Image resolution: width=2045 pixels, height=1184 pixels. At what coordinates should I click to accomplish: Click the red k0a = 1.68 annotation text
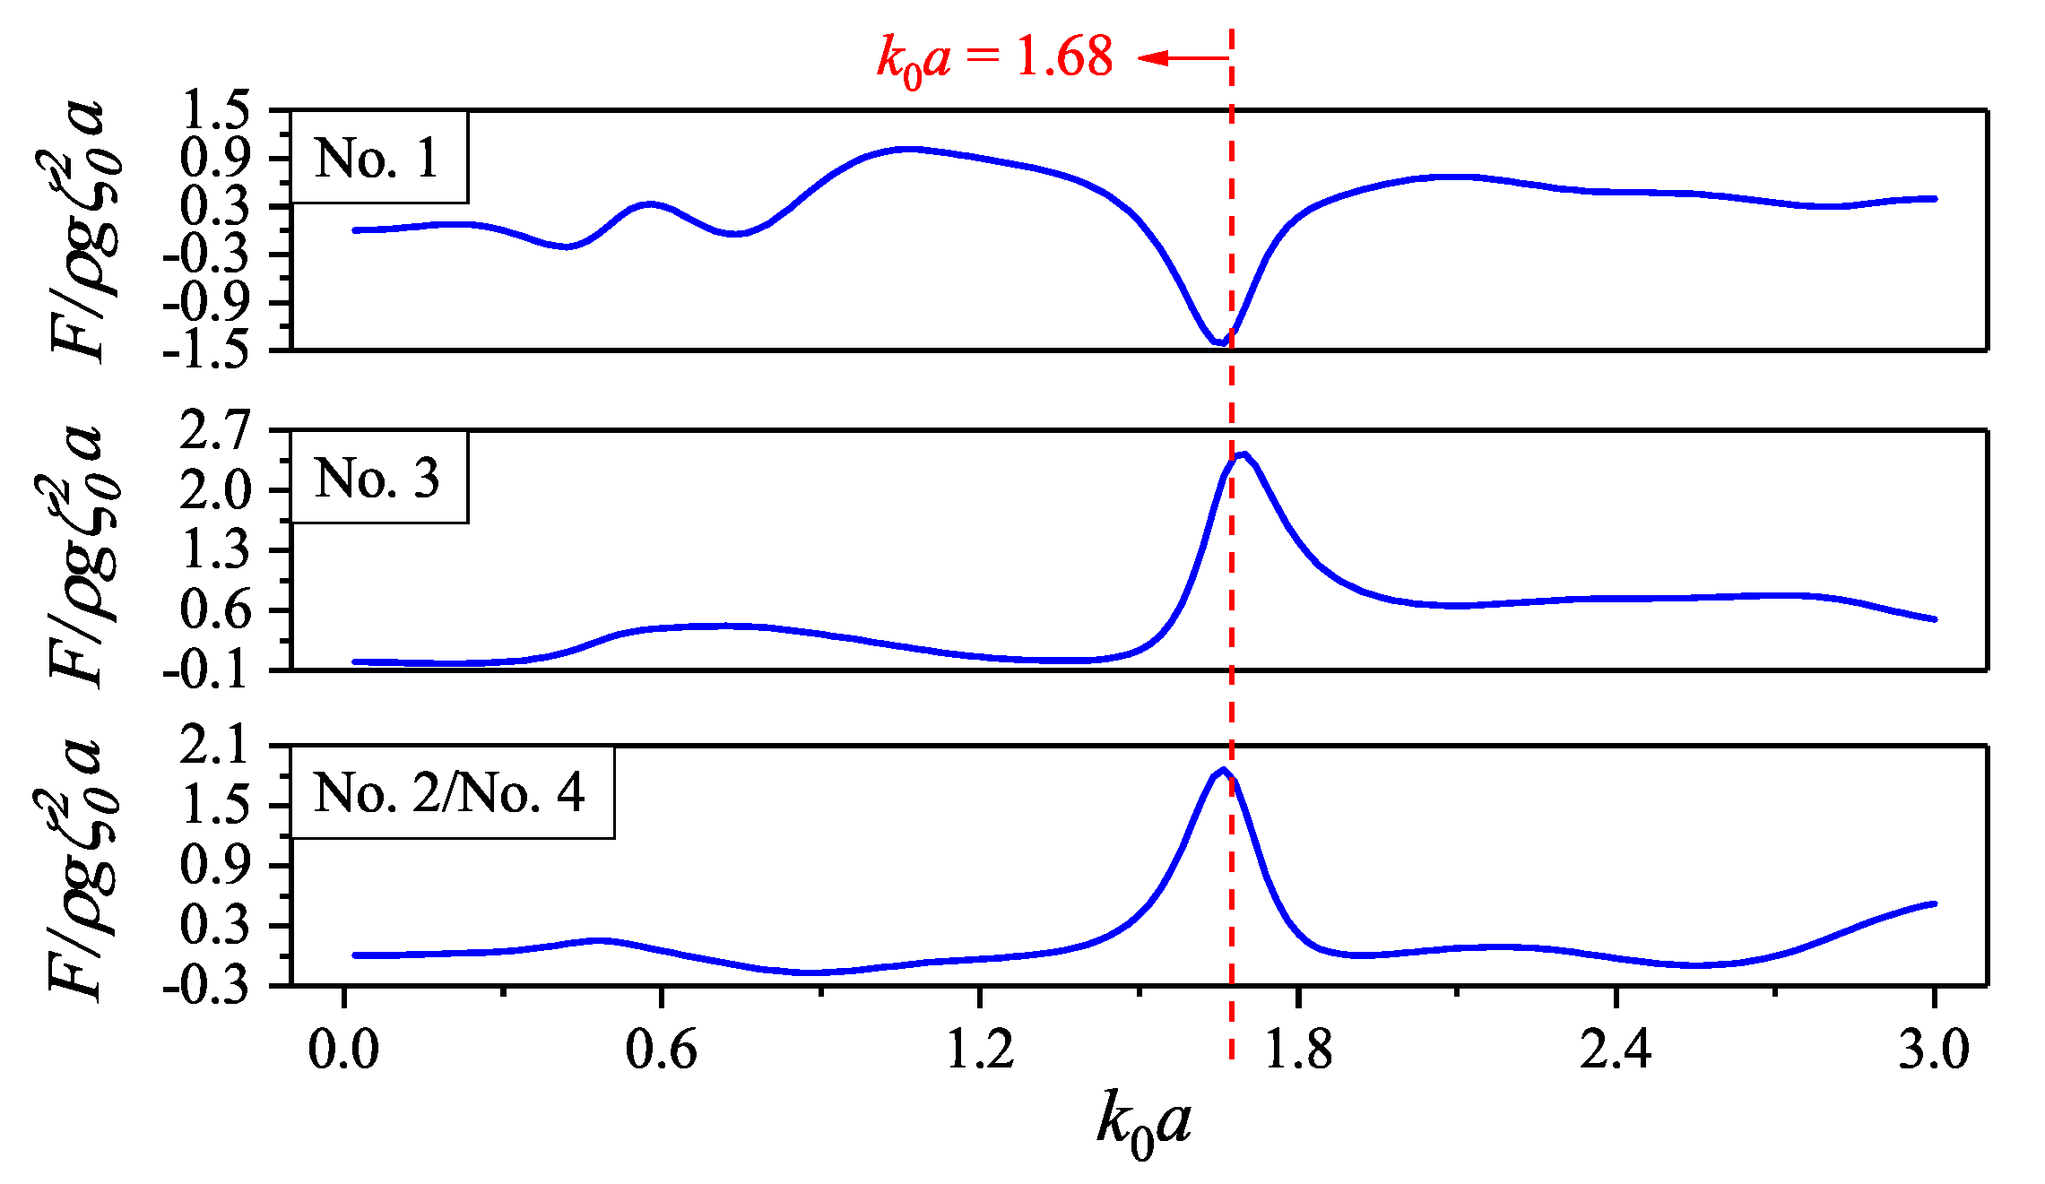(x=995, y=59)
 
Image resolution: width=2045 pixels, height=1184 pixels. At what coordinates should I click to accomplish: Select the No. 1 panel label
(x=377, y=158)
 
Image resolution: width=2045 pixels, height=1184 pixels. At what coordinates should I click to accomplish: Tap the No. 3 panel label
(x=377, y=478)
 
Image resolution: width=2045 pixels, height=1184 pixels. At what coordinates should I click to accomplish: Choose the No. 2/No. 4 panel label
(x=450, y=793)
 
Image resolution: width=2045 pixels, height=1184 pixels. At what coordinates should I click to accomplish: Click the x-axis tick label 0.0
(x=343, y=1050)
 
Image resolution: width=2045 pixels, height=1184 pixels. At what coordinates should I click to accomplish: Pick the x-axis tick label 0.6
(x=661, y=1050)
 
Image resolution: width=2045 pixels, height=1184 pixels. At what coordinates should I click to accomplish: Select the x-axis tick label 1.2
(x=980, y=1050)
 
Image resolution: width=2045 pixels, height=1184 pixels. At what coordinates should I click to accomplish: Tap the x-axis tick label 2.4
(x=1616, y=1050)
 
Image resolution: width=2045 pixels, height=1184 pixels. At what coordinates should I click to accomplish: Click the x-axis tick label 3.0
(x=1934, y=1050)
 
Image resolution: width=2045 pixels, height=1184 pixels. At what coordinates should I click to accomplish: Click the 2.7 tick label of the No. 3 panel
(x=214, y=431)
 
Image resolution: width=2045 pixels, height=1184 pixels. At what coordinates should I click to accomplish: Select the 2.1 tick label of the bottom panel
(x=214, y=747)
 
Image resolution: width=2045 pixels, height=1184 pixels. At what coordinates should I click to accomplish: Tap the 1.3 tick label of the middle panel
(x=214, y=550)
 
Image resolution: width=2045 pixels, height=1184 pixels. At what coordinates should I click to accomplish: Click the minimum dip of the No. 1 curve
(x=1220, y=342)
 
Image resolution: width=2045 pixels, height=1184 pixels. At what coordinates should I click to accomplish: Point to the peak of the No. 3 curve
(x=1243, y=454)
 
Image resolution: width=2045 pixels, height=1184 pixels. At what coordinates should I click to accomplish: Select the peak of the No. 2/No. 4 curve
(x=1223, y=770)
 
